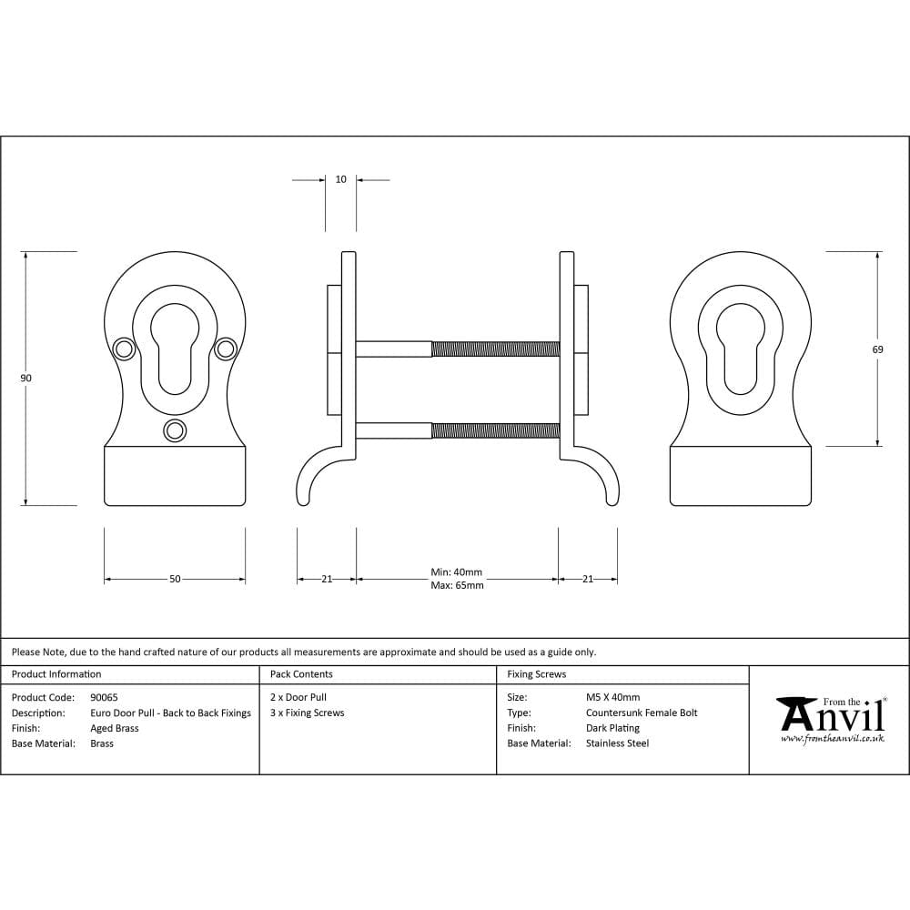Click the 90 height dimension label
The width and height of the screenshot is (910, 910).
point(26,378)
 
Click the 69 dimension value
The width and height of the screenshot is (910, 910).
point(877,349)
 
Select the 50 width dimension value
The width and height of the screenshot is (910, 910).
point(175,579)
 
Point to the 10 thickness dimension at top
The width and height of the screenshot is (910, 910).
point(340,179)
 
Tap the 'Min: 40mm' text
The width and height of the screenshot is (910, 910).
point(456,572)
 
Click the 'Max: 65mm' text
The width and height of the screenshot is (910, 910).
point(457,585)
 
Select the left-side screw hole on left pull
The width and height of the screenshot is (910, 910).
point(122,348)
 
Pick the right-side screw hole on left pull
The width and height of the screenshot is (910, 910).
point(226,348)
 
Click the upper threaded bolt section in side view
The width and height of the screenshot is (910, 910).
point(495,349)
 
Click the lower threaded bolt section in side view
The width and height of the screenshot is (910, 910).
point(495,430)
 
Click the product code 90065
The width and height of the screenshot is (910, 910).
point(104,698)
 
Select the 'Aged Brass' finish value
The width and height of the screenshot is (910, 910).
point(115,728)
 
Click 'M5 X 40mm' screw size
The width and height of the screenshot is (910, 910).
point(612,698)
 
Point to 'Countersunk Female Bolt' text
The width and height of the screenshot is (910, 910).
point(642,713)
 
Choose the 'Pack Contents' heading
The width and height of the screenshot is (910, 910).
point(301,674)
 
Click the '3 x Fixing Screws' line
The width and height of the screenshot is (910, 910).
point(308,713)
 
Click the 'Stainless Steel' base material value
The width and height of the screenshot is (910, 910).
point(617,743)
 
